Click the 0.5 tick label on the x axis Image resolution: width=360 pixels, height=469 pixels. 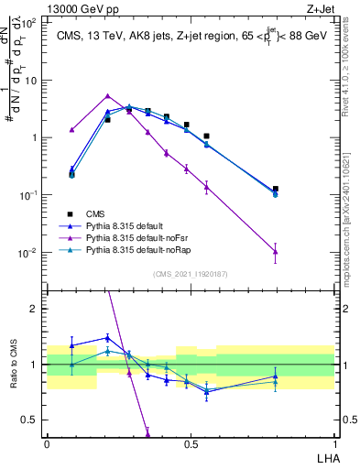coord(190,443)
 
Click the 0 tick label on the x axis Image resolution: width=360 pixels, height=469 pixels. coord(47,443)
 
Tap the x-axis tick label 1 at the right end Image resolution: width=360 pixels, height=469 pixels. coord(333,443)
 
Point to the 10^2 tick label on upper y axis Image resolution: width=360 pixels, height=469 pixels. coord(31,23)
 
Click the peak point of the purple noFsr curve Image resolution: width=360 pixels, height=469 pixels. coord(108,95)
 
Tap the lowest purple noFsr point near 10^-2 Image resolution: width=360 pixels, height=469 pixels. coord(276,252)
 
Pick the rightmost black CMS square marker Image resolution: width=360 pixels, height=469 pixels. coord(276,189)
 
